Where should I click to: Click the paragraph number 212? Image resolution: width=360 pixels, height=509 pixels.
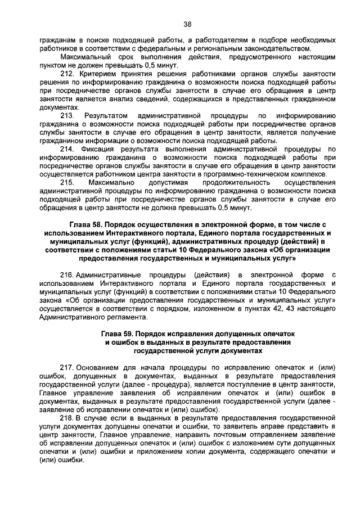(67, 75)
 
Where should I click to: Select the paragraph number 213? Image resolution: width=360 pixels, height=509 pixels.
(67, 116)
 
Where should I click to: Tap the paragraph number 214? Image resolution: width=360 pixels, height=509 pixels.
(67, 149)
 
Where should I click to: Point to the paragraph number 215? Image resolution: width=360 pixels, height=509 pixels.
(67, 182)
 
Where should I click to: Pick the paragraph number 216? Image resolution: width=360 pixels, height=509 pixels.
(67, 274)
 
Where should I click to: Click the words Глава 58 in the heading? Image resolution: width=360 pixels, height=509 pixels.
(87, 224)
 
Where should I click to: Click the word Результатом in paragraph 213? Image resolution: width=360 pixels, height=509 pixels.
(105, 116)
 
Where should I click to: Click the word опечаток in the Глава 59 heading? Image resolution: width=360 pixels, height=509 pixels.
(277, 334)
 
